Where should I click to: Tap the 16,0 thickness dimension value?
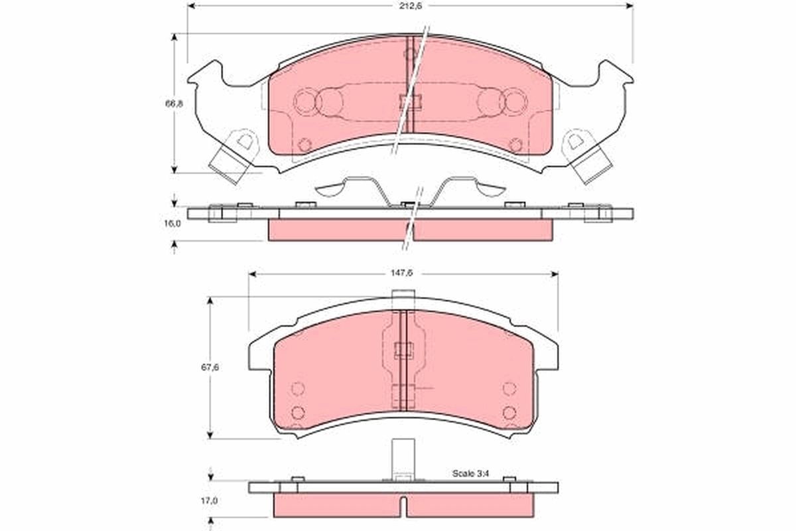[x=172, y=224]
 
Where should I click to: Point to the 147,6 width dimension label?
[x=403, y=273]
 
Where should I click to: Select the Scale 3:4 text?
[x=469, y=473]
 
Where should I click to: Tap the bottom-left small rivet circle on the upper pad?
[x=304, y=144]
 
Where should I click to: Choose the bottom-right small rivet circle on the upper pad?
[x=515, y=144]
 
